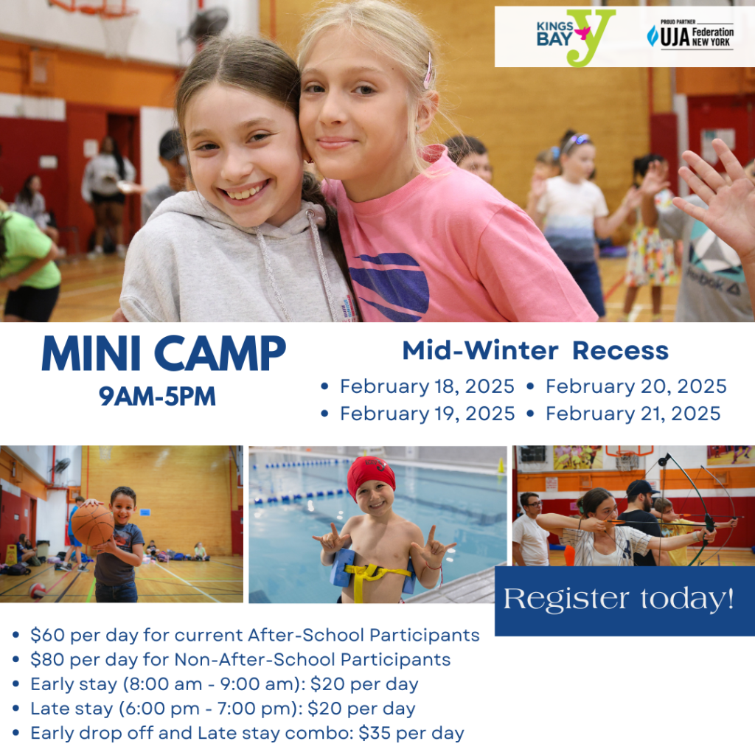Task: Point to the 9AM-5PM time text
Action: (158, 397)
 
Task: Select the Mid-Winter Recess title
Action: (535, 351)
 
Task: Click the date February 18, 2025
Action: (427, 386)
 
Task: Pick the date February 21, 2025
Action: (633, 414)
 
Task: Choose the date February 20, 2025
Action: (636, 386)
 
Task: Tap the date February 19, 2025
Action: (427, 414)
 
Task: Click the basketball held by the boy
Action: (92, 523)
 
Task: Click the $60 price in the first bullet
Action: (44, 635)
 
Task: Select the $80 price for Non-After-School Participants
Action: (44, 659)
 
